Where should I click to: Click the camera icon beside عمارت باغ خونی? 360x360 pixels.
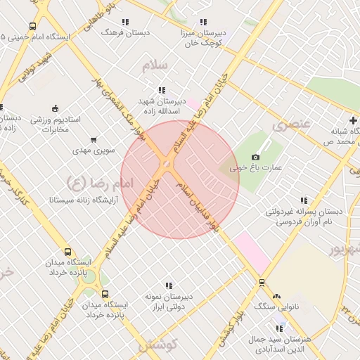point(255,157)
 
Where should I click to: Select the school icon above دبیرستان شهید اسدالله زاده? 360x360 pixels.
point(162,90)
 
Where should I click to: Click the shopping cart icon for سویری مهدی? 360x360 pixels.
point(94,139)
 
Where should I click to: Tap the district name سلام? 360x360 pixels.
point(155,65)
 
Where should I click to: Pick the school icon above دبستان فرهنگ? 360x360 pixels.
point(125,22)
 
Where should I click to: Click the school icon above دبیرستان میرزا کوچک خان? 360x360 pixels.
point(204,22)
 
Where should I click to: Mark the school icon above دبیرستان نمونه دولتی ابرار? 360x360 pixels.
point(169,285)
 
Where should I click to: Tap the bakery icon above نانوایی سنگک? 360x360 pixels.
point(276,296)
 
